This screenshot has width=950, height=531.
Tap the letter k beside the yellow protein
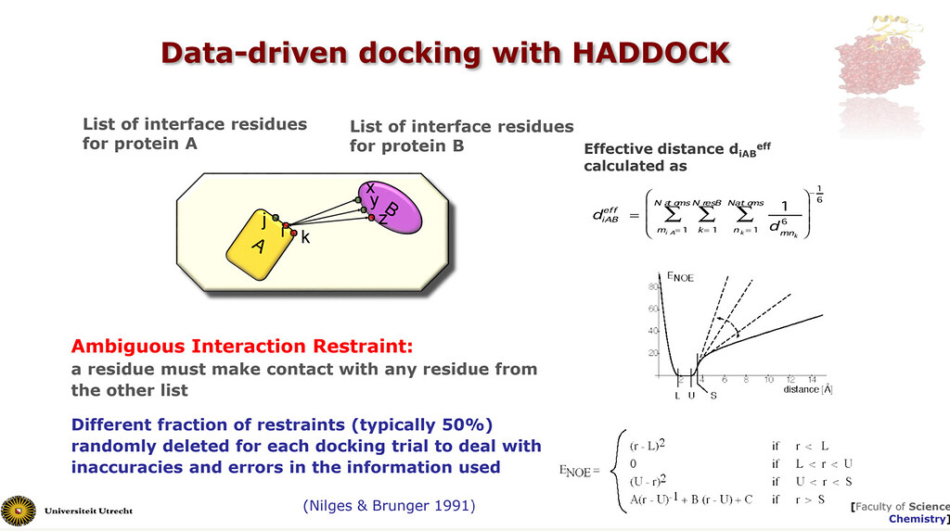(x=304, y=237)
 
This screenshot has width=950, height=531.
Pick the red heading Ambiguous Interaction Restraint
(x=242, y=348)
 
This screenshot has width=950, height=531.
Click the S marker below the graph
(x=713, y=396)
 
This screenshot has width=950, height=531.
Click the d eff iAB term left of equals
(x=606, y=216)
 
